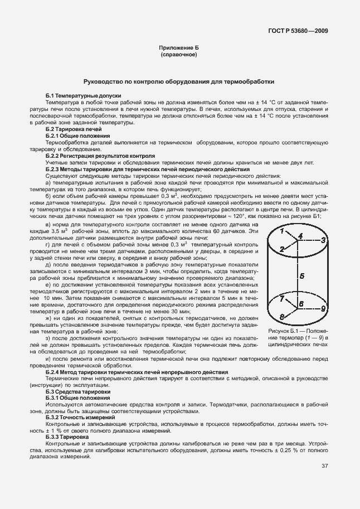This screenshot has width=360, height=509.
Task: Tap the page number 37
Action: [x=324, y=467]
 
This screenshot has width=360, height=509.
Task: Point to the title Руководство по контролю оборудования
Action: [x=178, y=81]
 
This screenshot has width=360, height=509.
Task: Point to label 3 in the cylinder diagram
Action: [x=323, y=240]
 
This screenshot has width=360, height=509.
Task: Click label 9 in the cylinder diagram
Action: [x=323, y=308]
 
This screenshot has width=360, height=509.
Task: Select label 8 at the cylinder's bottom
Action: [x=282, y=317]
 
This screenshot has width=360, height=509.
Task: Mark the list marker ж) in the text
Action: [x=49, y=317]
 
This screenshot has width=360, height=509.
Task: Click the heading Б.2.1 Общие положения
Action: [x=77, y=135]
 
